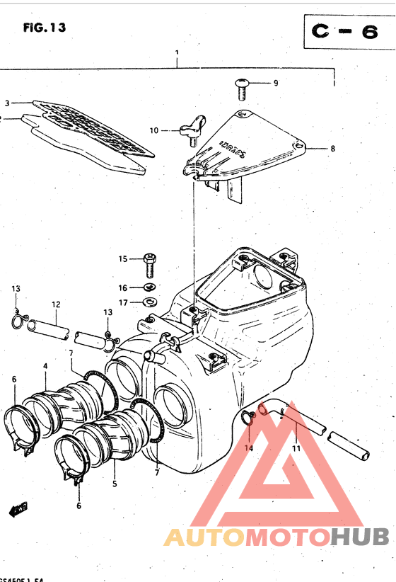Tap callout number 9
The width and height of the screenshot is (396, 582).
[276, 83]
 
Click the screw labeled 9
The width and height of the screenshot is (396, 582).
[242, 88]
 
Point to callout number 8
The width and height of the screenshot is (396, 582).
[332, 149]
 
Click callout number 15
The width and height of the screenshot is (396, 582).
[122, 259]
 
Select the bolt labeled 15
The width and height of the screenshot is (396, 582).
[149, 265]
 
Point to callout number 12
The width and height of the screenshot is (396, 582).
[55, 304]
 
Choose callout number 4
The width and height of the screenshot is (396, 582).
[45, 366]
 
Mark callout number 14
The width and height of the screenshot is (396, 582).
[248, 448]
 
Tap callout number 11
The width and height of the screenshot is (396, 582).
[296, 448]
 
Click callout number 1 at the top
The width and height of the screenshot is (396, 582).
[176, 54]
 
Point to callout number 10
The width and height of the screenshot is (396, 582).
[153, 130]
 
